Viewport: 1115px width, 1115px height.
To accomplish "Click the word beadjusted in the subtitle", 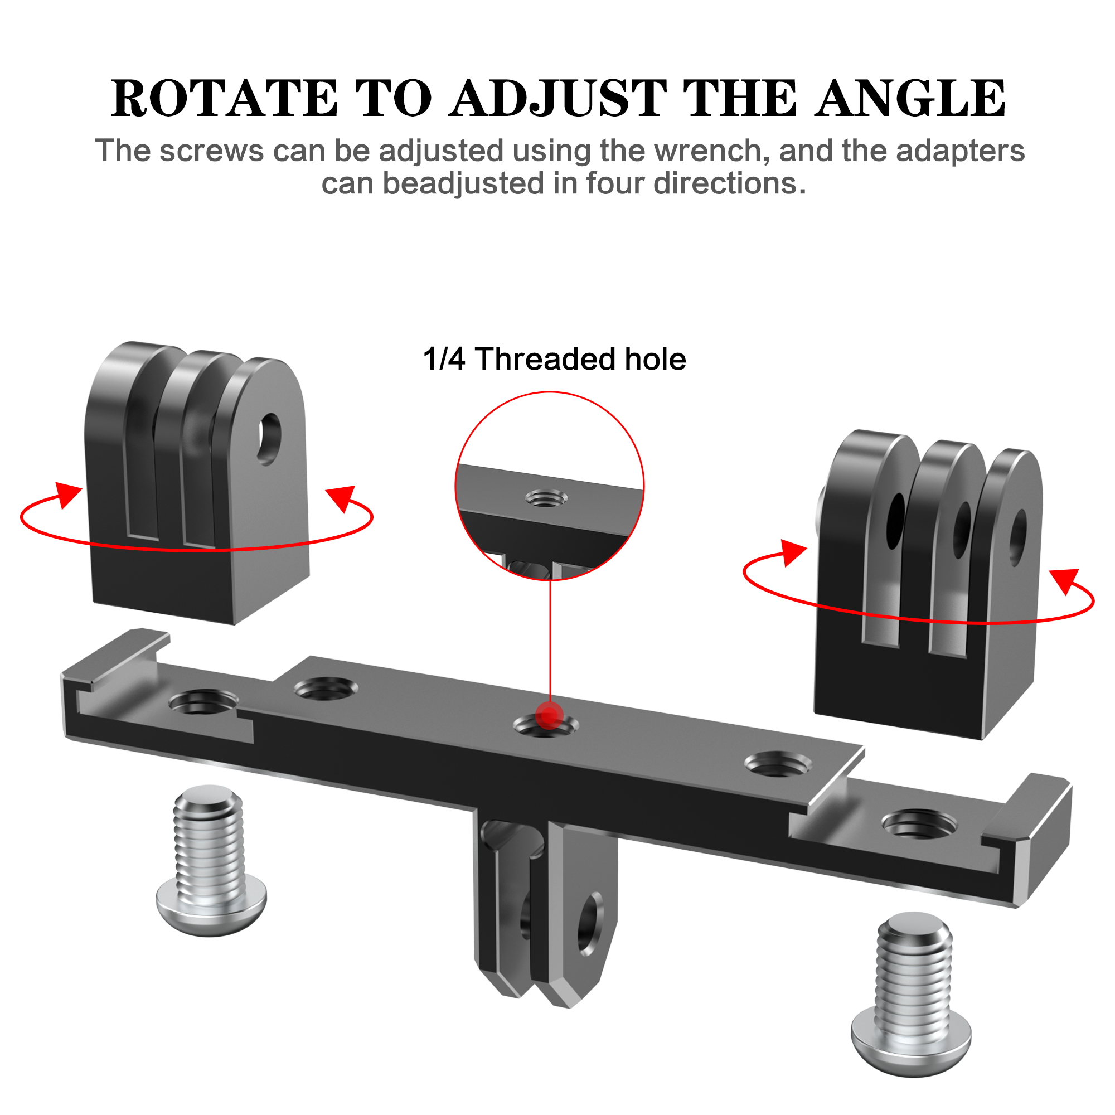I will [463, 184].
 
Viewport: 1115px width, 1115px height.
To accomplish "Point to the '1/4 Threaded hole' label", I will [554, 359].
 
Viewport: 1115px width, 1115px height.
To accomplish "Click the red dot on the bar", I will [549, 716].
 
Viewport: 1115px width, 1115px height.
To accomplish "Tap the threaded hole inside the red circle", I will [546, 497].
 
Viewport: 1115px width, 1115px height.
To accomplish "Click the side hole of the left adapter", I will [269, 439].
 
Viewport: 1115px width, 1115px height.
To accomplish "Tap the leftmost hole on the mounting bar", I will [203, 702].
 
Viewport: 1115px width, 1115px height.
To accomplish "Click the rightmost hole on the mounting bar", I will [920, 823].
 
